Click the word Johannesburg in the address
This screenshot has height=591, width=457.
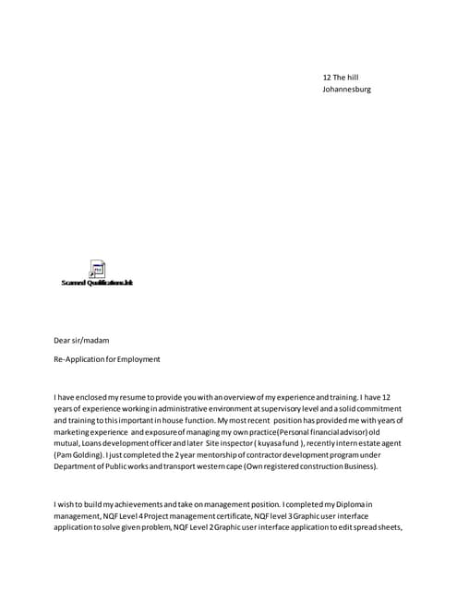pos(346,90)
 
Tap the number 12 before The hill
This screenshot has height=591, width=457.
pos(327,77)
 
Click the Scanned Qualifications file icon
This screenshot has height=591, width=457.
pos(97,269)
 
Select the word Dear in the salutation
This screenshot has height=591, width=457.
pos(63,341)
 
